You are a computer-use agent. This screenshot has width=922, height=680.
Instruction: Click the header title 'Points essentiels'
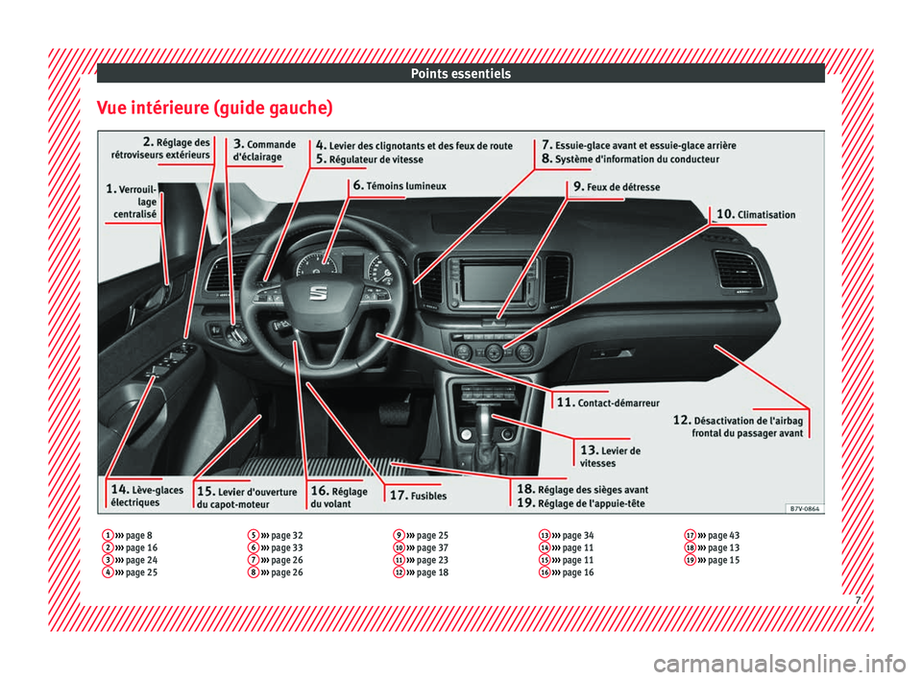(x=460, y=74)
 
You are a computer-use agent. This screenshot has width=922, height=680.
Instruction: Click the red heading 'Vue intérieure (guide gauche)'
(x=214, y=109)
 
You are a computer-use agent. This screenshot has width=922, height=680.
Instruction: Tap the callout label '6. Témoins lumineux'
(x=400, y=186)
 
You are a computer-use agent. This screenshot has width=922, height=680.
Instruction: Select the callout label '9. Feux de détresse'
(x=617, y=186)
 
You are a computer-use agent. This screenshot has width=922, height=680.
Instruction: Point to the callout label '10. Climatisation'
(x=756, y=214)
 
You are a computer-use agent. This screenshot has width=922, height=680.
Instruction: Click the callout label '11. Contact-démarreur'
(x=608, y=402)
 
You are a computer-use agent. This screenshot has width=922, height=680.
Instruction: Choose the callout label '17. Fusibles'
(x=418, y=496)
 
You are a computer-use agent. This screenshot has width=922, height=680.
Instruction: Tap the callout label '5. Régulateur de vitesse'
(x=370, y=158)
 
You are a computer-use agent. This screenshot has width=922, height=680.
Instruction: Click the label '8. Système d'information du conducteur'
(x=630, y=158)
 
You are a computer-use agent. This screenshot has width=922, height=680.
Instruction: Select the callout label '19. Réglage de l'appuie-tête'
(x=581, y=503)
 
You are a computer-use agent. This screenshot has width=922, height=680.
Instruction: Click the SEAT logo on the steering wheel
(x=318, y=294)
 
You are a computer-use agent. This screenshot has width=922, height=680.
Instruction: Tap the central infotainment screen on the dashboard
(x=492, y=283)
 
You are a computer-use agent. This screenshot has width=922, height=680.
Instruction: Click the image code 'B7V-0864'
(x=804, y=508)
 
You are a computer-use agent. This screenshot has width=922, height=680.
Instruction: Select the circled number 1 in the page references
(x=108, y=535)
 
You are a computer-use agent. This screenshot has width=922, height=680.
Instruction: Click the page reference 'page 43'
(x=724, y=535)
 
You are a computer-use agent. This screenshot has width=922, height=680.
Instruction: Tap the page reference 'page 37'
(x=432, y=547)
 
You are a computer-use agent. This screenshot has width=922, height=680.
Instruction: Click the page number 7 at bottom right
(x=858, y=600)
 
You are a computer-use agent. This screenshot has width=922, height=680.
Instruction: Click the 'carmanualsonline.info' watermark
(x=780, y=664)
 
